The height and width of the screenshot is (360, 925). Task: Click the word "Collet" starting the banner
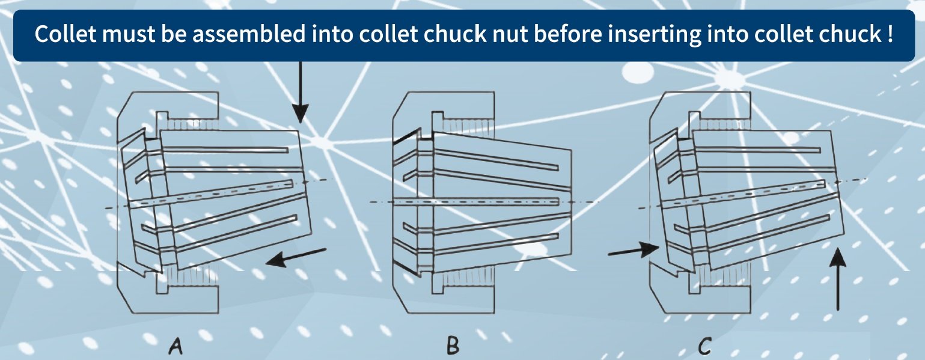63,34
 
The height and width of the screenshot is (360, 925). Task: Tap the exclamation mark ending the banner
888,34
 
